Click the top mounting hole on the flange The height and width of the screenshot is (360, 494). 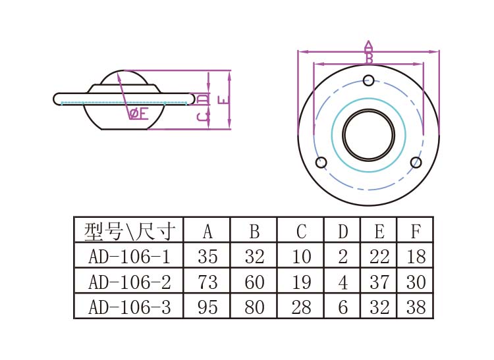tap(369, 81)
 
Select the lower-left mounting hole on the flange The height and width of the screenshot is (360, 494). tap(321, 163)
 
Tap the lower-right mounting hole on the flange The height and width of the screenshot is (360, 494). tap(416, 163)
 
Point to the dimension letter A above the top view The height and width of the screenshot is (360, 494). tap(369, 46)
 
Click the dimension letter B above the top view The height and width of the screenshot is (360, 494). tap(369, 59)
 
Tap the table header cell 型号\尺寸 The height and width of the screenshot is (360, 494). tap(129, 231)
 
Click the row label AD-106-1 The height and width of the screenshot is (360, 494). tap(129, 256)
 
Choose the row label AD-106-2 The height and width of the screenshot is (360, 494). tap(129, 282)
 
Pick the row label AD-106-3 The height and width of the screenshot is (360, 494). tap(129, 307)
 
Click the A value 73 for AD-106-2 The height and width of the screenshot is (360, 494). tap(207, 282)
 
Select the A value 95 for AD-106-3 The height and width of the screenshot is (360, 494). tap(207, 307)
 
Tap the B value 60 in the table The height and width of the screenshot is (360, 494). tap(254, 282)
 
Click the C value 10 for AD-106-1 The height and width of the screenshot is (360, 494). tap(301, 256)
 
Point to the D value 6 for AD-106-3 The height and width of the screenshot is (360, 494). tap(343, 307)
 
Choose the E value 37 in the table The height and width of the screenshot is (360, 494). tap(379, 282)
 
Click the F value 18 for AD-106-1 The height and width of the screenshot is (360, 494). tap(416, 256)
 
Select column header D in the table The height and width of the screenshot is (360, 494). tap(343, 231)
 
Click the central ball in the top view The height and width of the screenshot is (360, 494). tap(369, 135)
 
